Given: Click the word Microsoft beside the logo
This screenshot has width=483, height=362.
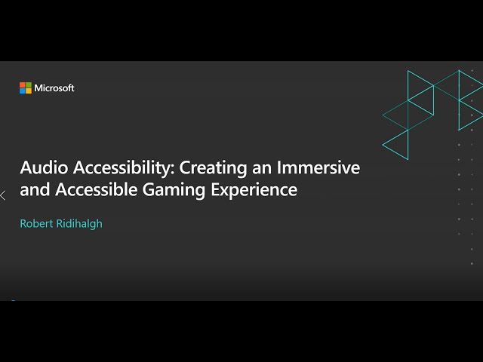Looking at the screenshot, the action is [x=54, y=88].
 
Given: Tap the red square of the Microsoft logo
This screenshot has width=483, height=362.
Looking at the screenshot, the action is [x=23, y=84].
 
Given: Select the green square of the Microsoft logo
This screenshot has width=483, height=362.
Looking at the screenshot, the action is [x=29, y=84].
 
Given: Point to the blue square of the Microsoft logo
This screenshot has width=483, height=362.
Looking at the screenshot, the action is [x=23, y=90].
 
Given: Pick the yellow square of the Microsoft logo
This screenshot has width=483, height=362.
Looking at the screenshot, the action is [x=29, y=90].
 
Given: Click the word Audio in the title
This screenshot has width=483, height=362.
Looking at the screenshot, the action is [x=44, y=167].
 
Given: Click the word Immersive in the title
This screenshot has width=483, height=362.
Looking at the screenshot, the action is [x=318, y=167].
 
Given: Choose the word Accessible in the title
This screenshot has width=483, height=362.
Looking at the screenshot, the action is [x=97, y=189].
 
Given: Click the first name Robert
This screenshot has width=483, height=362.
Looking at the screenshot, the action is [x=36, y=224].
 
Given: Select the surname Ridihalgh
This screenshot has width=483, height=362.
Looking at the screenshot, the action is [x=79, y=224].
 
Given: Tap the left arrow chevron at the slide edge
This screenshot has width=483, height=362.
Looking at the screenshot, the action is [x=3, y=195].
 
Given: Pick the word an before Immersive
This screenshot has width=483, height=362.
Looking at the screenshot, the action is [x=262, y=170].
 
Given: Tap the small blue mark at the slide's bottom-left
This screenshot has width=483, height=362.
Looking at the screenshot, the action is [x=13, y=300].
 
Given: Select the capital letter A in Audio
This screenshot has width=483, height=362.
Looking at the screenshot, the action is [x=26, y=167].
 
